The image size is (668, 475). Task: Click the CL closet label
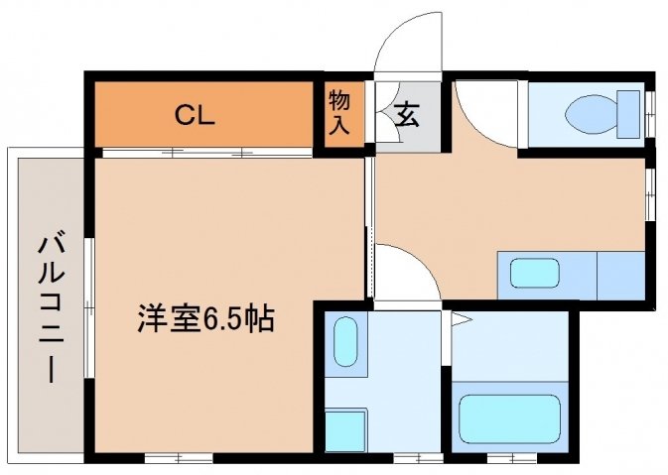coord(196,115)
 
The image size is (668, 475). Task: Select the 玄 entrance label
coord(407,115)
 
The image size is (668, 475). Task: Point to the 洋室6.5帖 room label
coord(205,318)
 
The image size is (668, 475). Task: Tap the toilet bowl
coord(592,114)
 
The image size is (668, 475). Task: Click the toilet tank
coord(629,114)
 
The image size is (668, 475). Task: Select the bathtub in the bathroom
coord(509,419)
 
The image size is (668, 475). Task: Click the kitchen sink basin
coord(535,273)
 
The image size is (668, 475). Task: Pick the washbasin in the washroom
coord(345,342)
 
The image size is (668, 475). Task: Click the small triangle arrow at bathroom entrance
coord(462,319)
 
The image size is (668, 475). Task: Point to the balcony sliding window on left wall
coord(88,307)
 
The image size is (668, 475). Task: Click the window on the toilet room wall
coord(650,114)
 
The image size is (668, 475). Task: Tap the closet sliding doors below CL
coord(207,153)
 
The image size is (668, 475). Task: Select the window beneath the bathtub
coord(512,458)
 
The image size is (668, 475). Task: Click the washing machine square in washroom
coord(345,430)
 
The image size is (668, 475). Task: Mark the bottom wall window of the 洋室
coord(179,458)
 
